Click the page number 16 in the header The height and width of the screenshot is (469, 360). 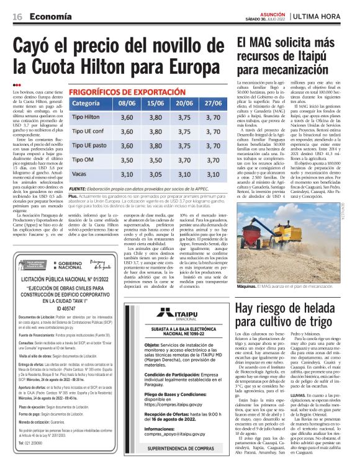tap(18, 17)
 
